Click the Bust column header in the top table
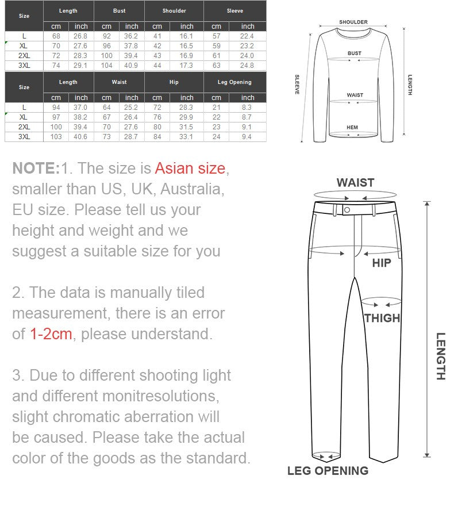pyautogui.click(x=119, y=11)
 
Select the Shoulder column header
pyautogui.click(x=174, y=11)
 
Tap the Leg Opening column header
pyautogui.click(x=234, y=82)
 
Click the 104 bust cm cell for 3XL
pyautogui.click(x=106, y=66)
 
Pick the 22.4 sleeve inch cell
pyautogui.click(x=248, y=36)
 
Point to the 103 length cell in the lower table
pyautogui.click(x=56, y=137)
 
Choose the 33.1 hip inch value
pyautogui.click(x=187, y=137)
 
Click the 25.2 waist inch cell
pyautogui.click(x=132, y=108)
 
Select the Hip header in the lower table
pyautogui.click(x=174, y=82)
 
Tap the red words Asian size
pyautogui.click(x=190, y=168)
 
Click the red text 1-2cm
pyautogui.click(x=51, y=334)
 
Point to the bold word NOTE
pyautogui.click(x=36, y=168)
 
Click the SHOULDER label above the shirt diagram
pyautogui.click(x=353, y=22)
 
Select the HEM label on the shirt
pyautogui.click(x=352, y=128)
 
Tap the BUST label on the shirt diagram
pyautogui.click(x=355, y=53)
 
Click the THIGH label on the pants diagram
pyautogui.click(x=382, y=318)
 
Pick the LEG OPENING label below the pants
pyautogui.click(x=328, y=471)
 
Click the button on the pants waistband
pyautogui.click(x=347, y=210)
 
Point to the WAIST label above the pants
pyautogui.click(x=355, y=183)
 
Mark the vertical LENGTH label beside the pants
pyautogui.click(x=440, y=356)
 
